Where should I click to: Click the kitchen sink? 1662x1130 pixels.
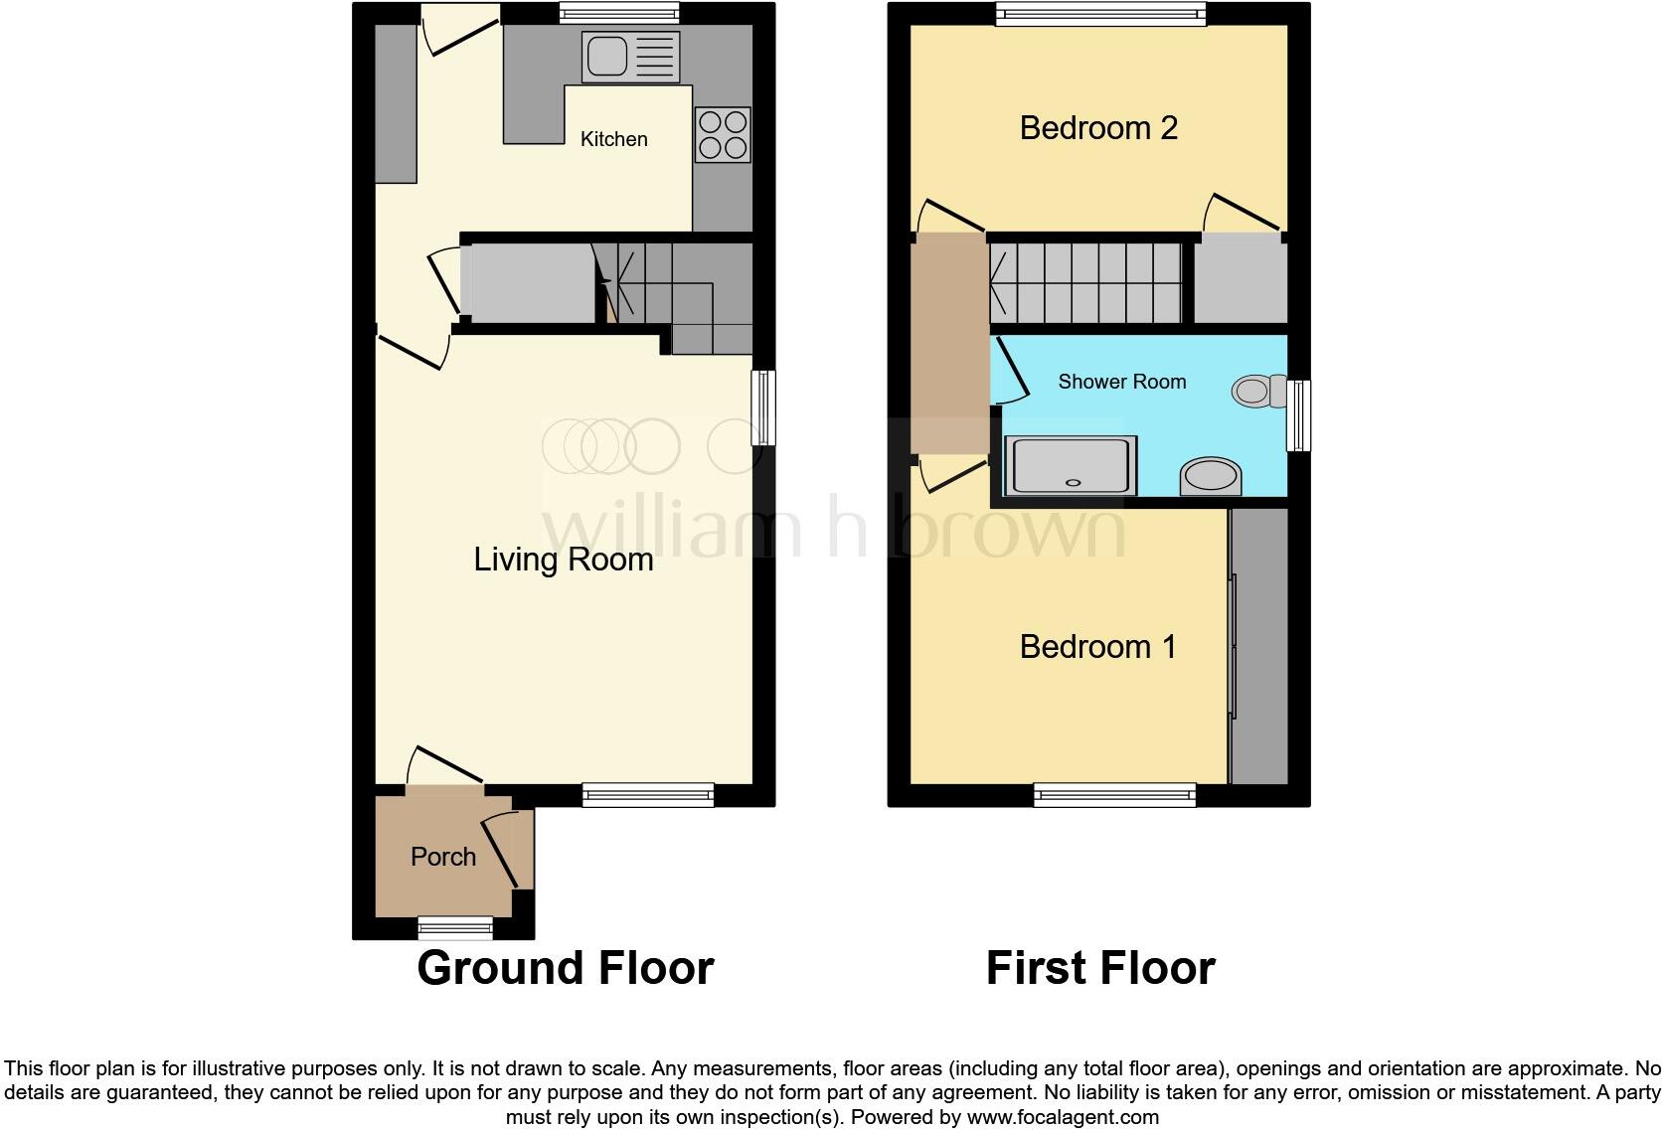coord(632,57)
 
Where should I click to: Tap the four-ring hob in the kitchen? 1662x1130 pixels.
coord(723,135)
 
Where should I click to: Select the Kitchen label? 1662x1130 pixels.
coord(613,139)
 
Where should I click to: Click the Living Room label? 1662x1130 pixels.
coord(563,560)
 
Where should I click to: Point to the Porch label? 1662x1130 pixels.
coord(443,857)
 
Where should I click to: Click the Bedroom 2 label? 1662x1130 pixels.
coord(1098,128)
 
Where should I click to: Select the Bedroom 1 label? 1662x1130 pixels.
coord(1097,647)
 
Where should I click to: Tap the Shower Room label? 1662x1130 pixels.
coord(1121,382)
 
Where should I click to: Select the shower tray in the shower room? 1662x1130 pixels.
coord(1071,466)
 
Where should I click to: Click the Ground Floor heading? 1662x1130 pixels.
coord(565,968)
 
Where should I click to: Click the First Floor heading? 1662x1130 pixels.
coord(1099,968)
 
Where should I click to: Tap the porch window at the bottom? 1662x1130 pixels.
coord(455,928)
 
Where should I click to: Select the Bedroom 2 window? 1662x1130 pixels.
coord(1101,13)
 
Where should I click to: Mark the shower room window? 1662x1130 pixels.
coord(1298,415)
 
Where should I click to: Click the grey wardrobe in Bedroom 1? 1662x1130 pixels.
coord(1259,646)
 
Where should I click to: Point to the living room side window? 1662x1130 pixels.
coord(762,407)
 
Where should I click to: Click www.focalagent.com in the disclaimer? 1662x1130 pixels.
coord(1062,1117)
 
